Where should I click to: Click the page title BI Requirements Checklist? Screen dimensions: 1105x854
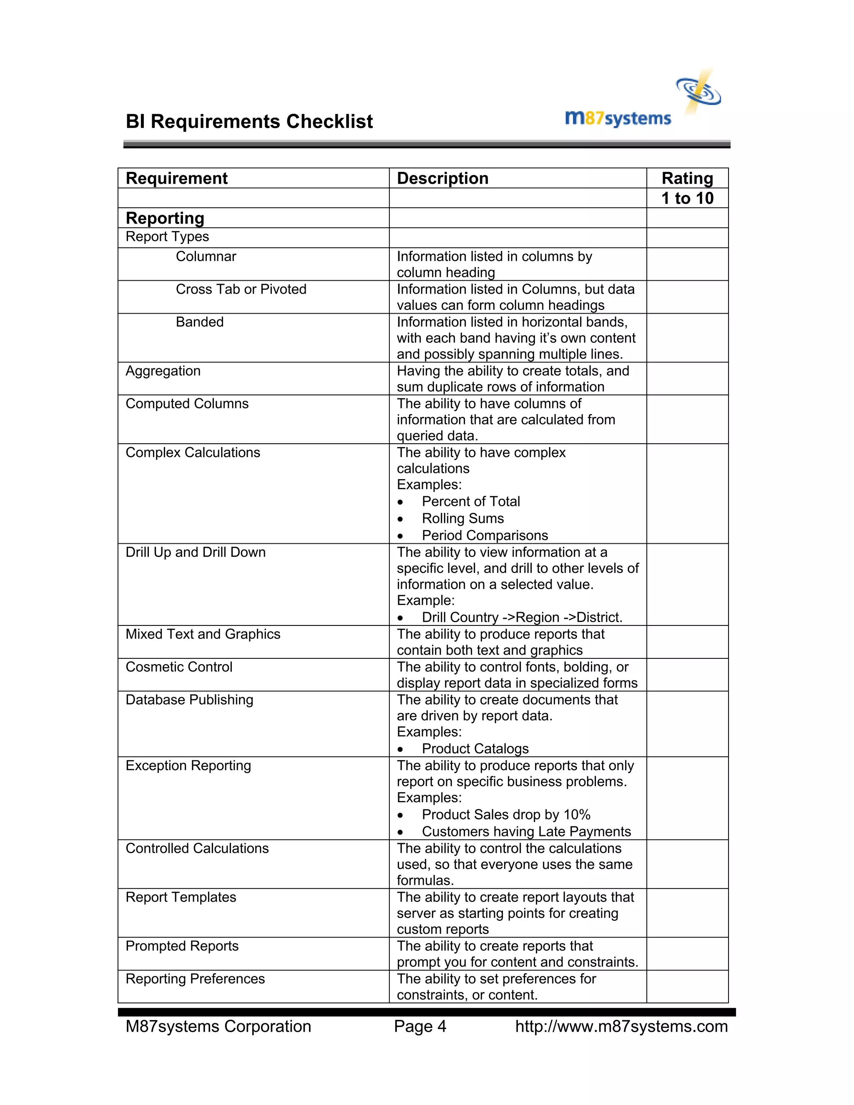tap(249, 122)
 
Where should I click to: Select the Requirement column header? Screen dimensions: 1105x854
tap(176, 178)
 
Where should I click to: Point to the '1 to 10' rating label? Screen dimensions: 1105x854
tap(687, 198)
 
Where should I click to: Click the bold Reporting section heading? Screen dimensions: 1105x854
tap(165, 218)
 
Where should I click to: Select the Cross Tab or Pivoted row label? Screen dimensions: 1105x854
tap(241, 289)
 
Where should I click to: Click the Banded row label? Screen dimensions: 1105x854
tap(199, 322)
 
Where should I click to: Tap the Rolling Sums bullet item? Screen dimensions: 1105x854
tap(462, 519)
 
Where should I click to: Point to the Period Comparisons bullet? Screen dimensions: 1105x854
tap(485, 535)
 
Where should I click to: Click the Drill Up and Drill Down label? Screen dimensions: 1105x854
tap(195, 552)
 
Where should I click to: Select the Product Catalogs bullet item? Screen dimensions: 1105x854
tap(475, 748)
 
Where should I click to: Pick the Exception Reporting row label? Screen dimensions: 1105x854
tap(188, 766)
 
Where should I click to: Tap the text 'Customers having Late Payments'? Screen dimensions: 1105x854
tap(526, 831)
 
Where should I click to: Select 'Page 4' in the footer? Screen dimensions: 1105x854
tap(420, 1027)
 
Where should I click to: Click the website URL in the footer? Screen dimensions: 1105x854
tap(621, 1027)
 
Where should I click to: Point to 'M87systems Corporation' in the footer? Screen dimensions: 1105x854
tap(218, 1027)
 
